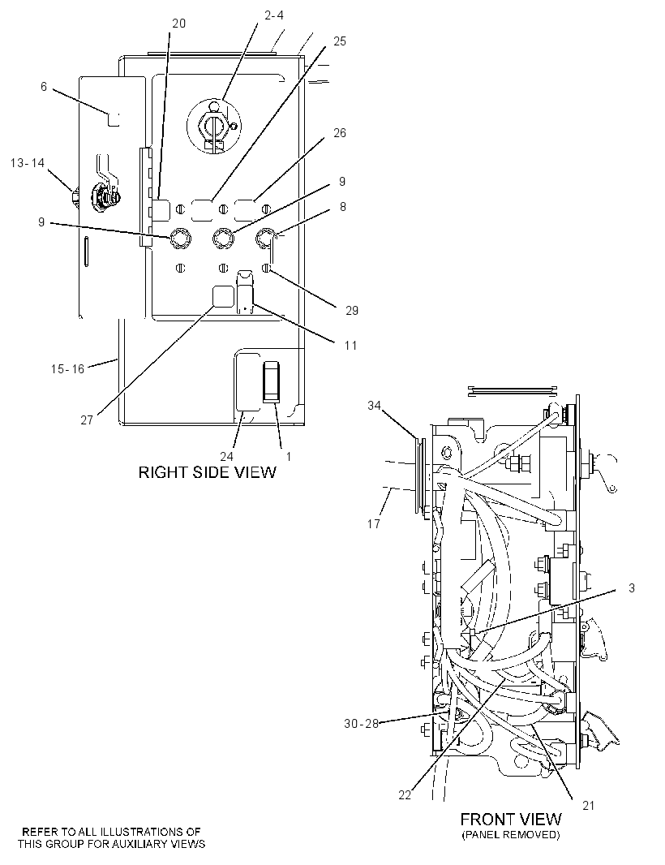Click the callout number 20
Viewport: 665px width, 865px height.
[x=178, y=24]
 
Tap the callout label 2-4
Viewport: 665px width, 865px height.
[x=274, y=15]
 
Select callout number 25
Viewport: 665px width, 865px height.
[x=340, y=41]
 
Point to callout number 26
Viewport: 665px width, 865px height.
[x=340, y=132]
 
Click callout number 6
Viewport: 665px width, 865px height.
[x=44, y=87]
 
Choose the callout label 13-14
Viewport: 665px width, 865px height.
[x=28, y=163]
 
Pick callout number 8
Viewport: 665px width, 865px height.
[x=343, y=206]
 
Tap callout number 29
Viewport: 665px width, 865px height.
[x=352, y=310]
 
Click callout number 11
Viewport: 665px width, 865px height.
[x=350, y=346]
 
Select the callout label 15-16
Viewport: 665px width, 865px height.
[x=68, y=368]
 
